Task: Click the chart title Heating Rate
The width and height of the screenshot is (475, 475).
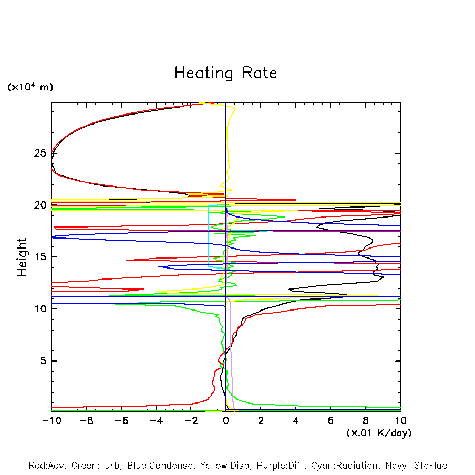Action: click(x=225, y=73)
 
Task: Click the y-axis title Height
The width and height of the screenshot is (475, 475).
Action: click(x=22, y=257)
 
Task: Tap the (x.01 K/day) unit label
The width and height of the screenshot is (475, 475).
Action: click(x=378, y=433)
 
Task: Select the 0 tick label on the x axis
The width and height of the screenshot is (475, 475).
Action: click(x=226, y=421)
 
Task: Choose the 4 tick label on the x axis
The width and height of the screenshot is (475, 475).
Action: click(x=296, y=421)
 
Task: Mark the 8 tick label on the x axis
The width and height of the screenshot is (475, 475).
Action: click(x=366, y=421)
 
